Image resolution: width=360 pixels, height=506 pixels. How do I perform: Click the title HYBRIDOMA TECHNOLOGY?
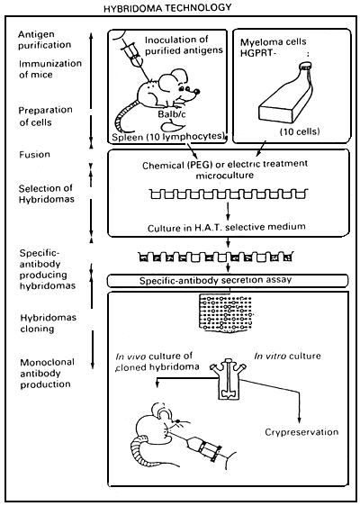pos(181,8)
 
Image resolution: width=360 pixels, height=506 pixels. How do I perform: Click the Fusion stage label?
pos(32,154)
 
